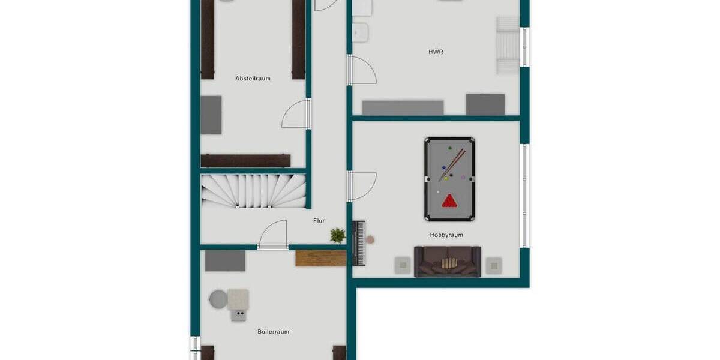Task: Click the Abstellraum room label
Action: [x=253, y=79]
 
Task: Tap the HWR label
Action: [x=436, y=52]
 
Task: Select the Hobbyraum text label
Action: [x=446, y=235]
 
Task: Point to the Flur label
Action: [x=319, y=221]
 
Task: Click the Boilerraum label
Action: [x=273, y=331]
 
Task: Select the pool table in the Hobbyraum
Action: [x=449, y=179]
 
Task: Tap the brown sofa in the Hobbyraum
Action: [x=447, y=262]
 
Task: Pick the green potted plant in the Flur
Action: [x=338, y=235]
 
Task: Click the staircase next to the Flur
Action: [x=253, y=191]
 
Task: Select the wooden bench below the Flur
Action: [x=320, y=258]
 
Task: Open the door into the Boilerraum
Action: [x=274, y=234]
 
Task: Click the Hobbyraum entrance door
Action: [x=362, y=186]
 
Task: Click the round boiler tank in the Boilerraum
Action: [x=218, y=298]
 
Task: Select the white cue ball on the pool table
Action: [x=438, y=192]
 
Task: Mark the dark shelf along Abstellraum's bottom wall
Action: [x=245, y=161]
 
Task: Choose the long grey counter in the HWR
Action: [x=403, y=107]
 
